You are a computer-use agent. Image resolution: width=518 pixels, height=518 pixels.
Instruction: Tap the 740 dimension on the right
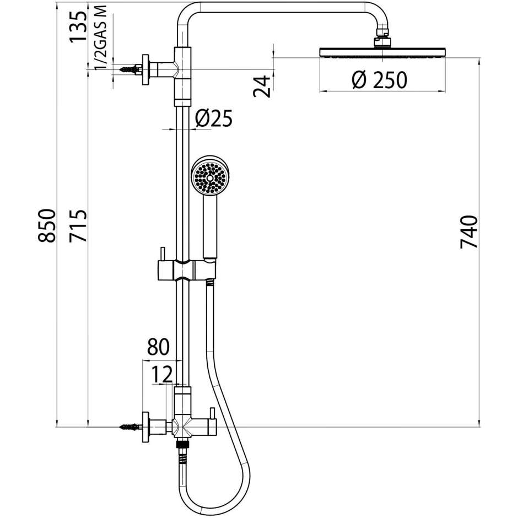470,233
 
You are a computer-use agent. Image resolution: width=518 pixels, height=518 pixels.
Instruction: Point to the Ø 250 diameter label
380,80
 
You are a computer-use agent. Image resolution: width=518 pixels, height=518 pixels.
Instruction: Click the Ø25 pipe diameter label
214,118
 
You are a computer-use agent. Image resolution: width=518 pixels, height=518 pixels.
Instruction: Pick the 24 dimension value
263,86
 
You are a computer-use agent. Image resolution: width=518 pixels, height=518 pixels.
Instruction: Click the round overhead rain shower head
381,52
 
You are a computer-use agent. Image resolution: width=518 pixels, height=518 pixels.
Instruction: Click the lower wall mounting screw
127,427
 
